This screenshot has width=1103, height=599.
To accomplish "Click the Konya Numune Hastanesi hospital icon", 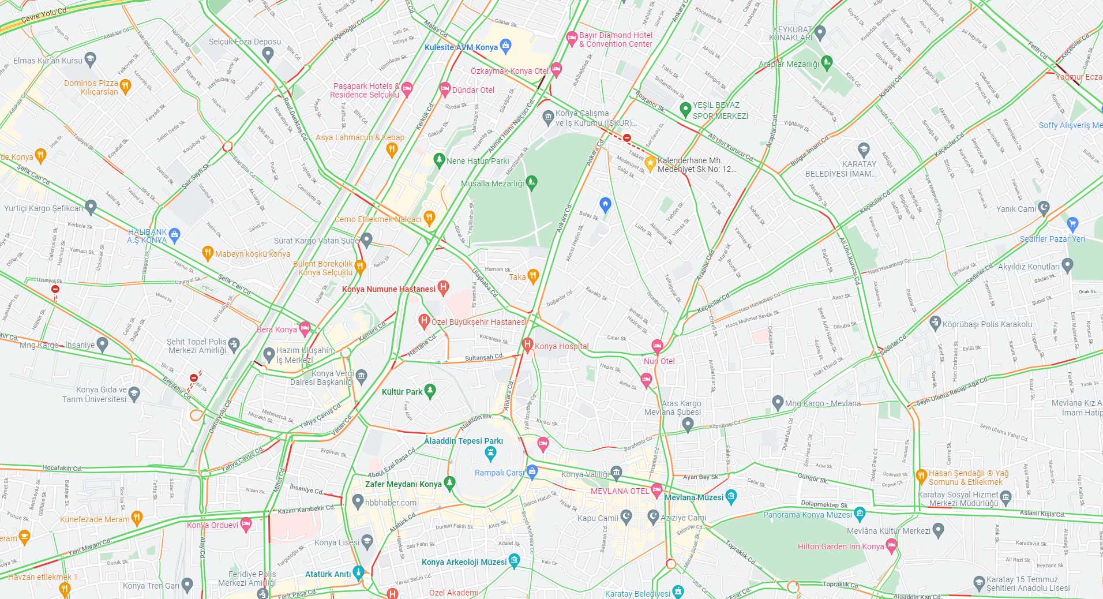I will coord(443,287).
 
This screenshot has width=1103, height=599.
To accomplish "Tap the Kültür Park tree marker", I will coord(430,391).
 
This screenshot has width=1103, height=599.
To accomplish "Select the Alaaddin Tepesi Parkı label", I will coord(463,441).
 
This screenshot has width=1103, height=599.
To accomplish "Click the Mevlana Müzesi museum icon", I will coord(731,495).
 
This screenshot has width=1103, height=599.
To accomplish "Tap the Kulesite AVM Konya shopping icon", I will coord(506,45).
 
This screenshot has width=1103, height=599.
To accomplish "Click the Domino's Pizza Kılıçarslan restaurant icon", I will coord(125,86).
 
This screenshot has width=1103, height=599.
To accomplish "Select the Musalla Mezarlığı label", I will coord(492,184).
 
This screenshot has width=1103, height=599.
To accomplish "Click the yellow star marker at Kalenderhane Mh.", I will coord(650,164).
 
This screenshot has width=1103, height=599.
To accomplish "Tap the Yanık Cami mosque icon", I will coord(1044,208).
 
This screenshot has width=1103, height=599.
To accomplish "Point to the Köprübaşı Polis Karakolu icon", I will coord(935,323).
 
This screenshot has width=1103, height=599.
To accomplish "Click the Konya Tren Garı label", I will coord(151,585).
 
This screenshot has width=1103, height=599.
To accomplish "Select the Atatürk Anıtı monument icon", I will coord(358,572).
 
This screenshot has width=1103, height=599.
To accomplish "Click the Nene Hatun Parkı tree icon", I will coord(439,159).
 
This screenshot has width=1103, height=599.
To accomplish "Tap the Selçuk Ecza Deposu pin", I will coord(267,54).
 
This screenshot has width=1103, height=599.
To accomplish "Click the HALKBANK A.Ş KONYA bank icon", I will coord(175,234).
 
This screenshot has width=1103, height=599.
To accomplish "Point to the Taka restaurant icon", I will coord(533,275).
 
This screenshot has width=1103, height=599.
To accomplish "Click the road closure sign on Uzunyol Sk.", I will coord(55,289).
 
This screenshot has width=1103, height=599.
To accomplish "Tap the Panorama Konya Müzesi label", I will coord(807,515).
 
